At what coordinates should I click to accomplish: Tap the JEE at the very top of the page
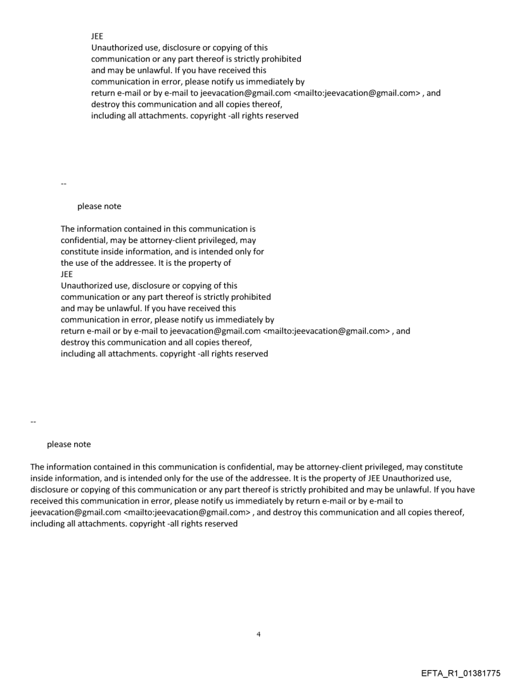tap(98, 36)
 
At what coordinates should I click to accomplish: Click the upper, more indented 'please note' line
tap(99, 206)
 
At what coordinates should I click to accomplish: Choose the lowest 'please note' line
tap(68, 444)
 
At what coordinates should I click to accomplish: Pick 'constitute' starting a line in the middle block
tap(80, 251)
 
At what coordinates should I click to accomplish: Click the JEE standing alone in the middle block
tap(67, 274)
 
